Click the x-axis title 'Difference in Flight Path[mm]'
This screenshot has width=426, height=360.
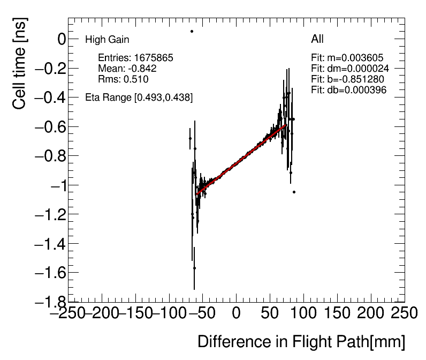(301, 342)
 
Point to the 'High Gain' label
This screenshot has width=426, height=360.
(107, 40)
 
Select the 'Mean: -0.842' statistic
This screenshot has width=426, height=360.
(127, 69)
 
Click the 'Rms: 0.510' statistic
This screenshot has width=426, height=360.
(123, 79)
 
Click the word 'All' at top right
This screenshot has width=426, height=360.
(317, 39)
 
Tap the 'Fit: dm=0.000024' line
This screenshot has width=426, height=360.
(349, 69)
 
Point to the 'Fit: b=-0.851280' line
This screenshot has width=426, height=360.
(347, 79)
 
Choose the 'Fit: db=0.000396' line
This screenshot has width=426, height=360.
(348, 90)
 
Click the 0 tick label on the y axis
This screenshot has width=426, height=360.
(47, 39)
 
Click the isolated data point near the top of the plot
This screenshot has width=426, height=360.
(192, 31)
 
